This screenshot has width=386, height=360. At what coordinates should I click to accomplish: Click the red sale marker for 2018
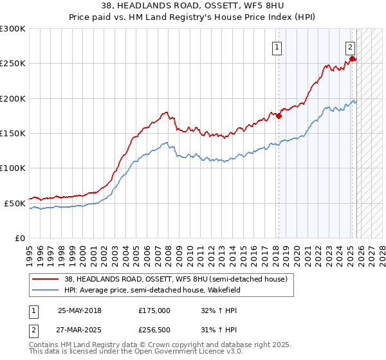coord(279,116)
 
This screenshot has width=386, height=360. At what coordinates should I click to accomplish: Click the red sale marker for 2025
coord(353,59)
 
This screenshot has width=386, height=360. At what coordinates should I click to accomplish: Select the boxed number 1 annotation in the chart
coord(277,46)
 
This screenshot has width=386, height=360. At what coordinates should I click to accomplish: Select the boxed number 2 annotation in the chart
coord(350,46)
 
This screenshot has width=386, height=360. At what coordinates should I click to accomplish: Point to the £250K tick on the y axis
coord(13,64)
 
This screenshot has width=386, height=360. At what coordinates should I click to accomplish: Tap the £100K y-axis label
coord(13,168)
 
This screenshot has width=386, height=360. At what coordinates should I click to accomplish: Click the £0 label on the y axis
coord(19,238)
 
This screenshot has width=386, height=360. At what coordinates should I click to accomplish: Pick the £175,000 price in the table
coord(154,310)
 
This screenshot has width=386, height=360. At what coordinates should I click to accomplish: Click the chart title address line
coord(193,6)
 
